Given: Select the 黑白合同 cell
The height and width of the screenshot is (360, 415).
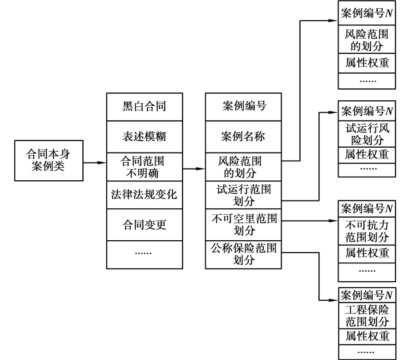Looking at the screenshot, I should click(x=143, y=107).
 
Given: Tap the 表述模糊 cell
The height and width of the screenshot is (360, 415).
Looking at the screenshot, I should click(x=143, y=137).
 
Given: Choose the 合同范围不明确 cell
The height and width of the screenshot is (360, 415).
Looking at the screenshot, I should click(x=143, y=167).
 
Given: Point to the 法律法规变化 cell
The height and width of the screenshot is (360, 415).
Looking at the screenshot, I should click(x=143, y=195).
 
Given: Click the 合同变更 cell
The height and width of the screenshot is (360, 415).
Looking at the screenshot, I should click(x=143, y=225).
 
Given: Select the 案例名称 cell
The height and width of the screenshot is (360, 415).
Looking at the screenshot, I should click(x=244, y=137).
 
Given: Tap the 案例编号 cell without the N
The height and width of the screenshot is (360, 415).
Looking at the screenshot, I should click(x=244, y=107).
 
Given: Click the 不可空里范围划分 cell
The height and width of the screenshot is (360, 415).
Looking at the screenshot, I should click(x=244, y=225).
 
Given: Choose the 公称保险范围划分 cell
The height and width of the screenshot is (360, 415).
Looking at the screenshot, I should click(x=244, y=254).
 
